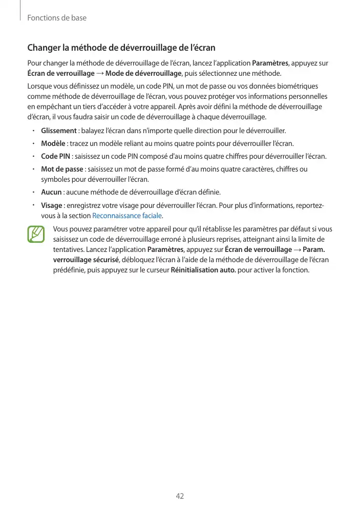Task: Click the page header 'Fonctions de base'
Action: (x=57, y=18)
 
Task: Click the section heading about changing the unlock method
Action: (x=121, y=48)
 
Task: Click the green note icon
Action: (x=36, y=234)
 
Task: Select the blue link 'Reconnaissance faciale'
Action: (x=126, y=216)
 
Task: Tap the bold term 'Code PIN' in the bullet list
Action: (x=56, y=156)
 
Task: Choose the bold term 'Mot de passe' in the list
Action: (x=61, y=169)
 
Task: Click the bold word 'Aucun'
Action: (x=51, y=192)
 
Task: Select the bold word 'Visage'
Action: (x=51, y=205)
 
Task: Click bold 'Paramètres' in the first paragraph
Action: (x=271, y=63)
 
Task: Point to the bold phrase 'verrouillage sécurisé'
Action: (x=86, y=260)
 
